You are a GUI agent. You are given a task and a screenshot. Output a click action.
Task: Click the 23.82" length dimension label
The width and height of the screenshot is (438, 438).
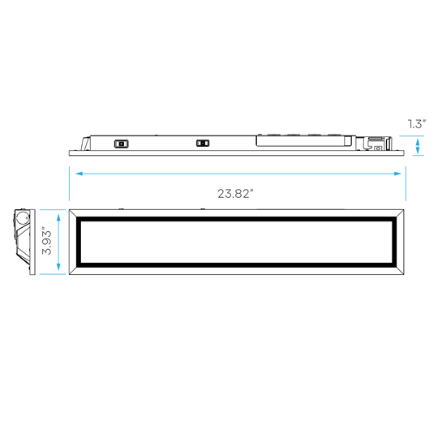tap(235, 194)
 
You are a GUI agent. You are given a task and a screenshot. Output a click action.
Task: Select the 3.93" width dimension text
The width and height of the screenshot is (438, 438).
tap(47, 243)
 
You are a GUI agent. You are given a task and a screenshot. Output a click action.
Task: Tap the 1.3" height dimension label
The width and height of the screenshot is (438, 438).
tap(417, 124)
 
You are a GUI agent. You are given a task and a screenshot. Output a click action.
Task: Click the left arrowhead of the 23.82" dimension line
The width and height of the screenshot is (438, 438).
tap(79, 174)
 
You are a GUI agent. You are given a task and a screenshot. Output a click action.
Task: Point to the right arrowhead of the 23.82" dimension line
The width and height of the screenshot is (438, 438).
tap(397, 174)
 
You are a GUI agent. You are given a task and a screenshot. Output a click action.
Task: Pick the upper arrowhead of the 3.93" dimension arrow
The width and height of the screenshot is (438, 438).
tap(58, 217)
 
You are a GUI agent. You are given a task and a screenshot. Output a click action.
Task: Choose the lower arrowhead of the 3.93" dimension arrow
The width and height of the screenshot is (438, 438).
tap(58, 267)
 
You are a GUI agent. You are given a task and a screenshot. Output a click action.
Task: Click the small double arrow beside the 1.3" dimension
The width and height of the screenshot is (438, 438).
tap(418, 146)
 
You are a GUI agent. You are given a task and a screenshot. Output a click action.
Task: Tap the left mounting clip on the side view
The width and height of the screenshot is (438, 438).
tap(121, 144)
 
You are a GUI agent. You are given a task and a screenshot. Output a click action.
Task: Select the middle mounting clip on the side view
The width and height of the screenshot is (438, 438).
tap(203, 144)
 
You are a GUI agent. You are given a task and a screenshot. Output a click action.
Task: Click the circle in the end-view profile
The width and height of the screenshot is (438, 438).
tap(23, 217)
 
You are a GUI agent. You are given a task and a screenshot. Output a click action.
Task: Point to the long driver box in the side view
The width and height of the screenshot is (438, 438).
tap(306, 141)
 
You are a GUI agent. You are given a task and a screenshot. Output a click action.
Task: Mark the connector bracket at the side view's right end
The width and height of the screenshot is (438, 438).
tap(374, 144)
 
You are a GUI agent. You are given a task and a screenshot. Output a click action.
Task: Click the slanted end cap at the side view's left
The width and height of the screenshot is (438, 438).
tap(85, 144)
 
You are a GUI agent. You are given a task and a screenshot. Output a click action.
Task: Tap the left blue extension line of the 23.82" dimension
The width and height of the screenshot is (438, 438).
tap(69, 183)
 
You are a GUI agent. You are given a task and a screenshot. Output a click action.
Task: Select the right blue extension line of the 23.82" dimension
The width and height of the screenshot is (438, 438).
tap(406, 183)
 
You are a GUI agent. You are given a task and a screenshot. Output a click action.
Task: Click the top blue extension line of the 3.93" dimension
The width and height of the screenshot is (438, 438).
tap(53, 209)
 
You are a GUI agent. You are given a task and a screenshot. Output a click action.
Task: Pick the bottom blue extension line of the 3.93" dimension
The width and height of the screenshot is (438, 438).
tap(53, 274)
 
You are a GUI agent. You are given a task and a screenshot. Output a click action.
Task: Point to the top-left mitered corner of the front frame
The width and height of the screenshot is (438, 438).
tap(73, 213)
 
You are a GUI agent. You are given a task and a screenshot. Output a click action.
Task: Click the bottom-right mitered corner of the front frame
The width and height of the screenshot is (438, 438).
tap(400, 271)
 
